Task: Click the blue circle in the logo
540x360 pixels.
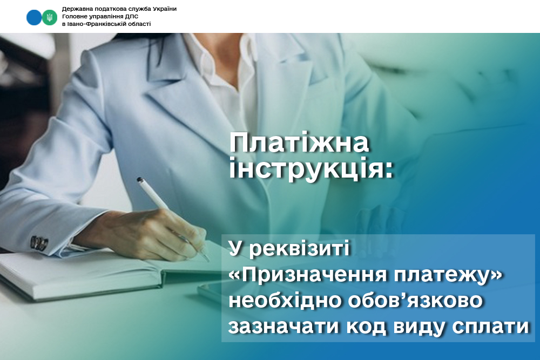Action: [x=34, y=18]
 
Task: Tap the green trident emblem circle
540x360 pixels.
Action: [x=50, y=18]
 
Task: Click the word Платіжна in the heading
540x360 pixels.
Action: [x=299, y=142]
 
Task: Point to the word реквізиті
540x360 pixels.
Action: [x=299, y=248]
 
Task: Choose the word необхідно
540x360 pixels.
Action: [x=285, y=300]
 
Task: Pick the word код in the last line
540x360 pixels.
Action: [x=366, y=327]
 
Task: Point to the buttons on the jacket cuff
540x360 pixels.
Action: [x=39, y=243]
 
